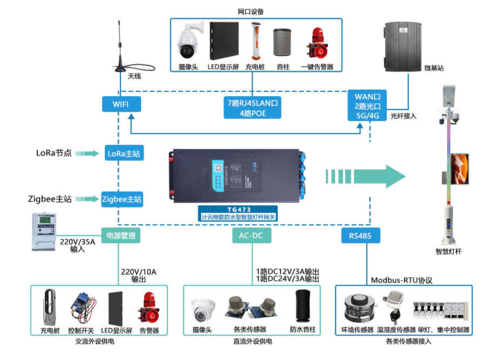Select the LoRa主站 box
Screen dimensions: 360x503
tap(124, 154)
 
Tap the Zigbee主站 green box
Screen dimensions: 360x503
tap(122, 199)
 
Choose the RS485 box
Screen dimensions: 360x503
tap(360, 236)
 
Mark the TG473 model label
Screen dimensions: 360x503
tap(238, 209)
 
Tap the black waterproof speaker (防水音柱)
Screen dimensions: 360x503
tap(301, 306)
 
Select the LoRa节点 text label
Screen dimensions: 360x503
tap(54, 153)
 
